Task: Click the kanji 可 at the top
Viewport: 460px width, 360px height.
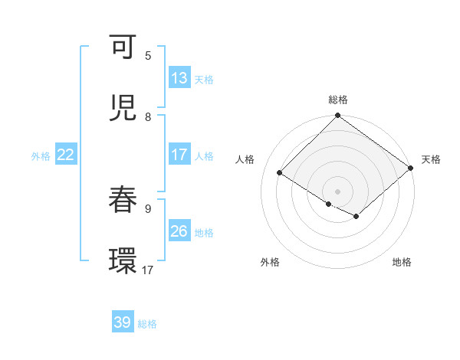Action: [x=124, y=49]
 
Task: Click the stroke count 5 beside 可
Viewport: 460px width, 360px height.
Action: [x=148, y=55]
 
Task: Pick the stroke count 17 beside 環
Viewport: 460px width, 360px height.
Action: [x=148, y=270]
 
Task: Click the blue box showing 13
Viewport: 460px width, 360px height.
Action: [x=179, y=78]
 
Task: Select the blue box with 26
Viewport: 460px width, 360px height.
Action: [x=179, y=231]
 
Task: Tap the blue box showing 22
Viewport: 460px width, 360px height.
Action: [x=66, y=155]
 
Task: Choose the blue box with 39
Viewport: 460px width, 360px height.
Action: [x=123, y=322]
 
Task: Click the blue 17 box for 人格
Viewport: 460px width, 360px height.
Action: [x=179, y=155]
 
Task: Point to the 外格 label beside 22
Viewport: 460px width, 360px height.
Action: [x=41, y=155]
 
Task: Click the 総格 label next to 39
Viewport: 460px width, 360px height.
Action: [x=148, y=323]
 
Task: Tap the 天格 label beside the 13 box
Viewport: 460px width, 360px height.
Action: [x=204, y=79]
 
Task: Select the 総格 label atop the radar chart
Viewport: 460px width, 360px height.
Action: [x=338, y=100]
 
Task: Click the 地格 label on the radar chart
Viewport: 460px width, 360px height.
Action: [x=402, y=262]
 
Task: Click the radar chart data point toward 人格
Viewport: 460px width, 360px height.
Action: [x=280, y=173]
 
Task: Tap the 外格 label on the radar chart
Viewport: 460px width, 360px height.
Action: [x=270, y=262]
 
